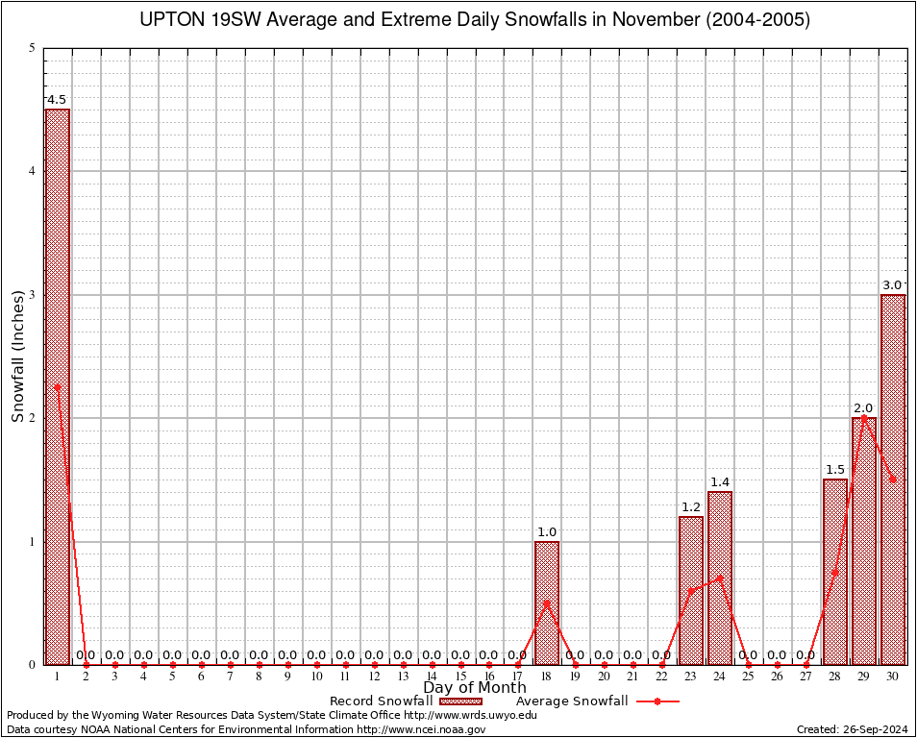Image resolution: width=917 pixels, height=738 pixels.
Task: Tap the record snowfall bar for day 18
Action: click(x=547, y=603)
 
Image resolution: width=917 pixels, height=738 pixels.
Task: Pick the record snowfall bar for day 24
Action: click(x=720, y=578)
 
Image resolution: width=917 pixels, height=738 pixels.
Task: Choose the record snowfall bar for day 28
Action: click(x=835, y=572)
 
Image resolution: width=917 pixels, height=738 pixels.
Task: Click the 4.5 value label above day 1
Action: click(x=57, y=100)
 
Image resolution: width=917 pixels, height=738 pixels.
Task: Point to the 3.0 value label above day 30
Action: click(x=893, y=285)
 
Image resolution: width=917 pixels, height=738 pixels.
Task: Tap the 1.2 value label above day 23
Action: click(x=691, y=507)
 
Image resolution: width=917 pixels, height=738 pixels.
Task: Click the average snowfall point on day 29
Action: click(x=864, y=418)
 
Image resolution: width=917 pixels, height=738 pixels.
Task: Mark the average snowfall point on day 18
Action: click(x=547, y=603)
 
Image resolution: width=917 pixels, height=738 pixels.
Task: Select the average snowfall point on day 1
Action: click(x=57, y=387)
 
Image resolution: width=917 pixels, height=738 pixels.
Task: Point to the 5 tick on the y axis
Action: click(x=33, y=48)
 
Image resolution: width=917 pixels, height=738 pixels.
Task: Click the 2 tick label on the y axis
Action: click(x=33, y=418)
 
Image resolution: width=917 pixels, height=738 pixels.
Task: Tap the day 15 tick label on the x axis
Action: click(x=460, y=676)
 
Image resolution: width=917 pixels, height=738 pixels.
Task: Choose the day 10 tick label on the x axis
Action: click(x=316, y=676)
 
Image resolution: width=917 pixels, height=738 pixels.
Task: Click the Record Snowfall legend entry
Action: click(x=382, y=701)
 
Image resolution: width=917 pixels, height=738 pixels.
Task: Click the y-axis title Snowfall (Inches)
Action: click(x=17, y=356)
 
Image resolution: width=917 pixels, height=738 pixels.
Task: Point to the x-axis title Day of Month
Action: click(x=475, y=688)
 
